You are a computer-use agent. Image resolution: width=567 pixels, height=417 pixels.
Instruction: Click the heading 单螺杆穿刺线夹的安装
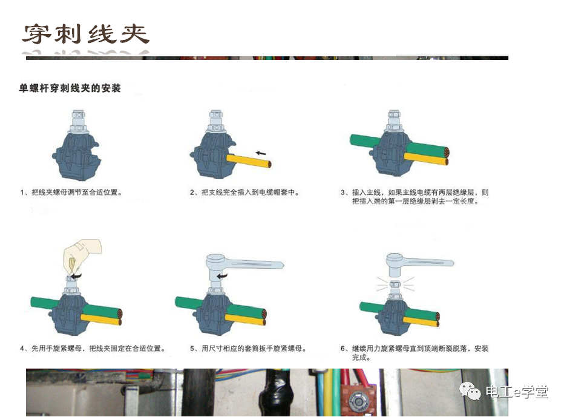[70, 88]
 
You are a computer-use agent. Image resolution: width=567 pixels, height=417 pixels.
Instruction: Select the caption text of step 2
[244, 193]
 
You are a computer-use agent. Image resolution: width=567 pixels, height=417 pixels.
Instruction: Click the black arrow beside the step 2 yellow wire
[261, 153]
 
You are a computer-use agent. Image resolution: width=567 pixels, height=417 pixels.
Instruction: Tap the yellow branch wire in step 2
[248, 160]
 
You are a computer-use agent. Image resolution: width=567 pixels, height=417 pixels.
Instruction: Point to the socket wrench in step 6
[418, 261]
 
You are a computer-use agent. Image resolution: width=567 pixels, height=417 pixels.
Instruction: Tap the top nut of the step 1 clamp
[79, 116]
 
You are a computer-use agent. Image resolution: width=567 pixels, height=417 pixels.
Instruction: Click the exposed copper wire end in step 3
[447, 155]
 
